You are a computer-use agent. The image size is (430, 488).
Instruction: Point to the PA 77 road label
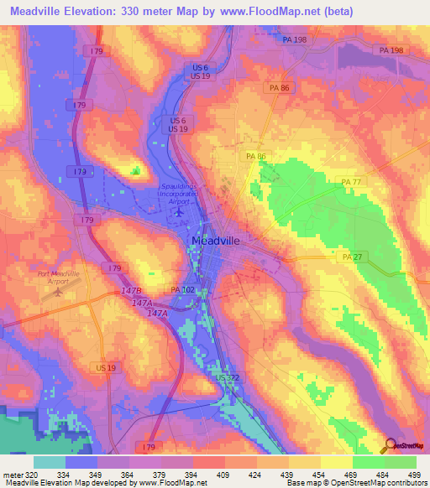351,182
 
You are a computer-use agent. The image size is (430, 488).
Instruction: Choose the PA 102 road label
182,290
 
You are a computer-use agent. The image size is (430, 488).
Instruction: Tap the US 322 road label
228,379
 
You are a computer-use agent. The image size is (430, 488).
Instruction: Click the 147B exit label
131,291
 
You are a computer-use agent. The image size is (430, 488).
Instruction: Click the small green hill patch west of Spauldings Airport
136,171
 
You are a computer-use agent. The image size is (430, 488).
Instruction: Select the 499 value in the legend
415,474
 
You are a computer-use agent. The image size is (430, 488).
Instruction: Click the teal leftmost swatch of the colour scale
50,462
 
